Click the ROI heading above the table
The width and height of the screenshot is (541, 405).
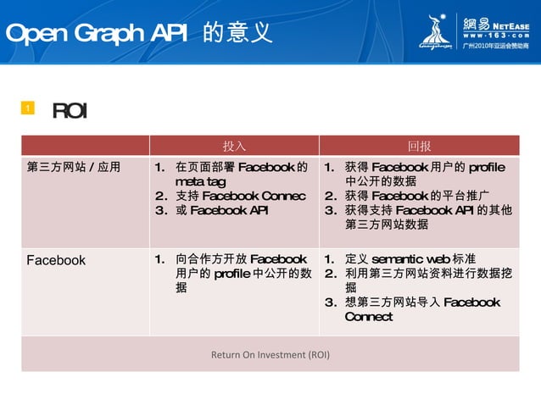(70, 111)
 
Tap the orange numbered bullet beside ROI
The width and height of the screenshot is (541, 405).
(27, 108)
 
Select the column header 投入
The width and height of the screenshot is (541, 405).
(234, 145)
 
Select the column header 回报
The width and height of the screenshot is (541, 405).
(419, 145)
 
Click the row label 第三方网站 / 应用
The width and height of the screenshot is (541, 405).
(74, 167)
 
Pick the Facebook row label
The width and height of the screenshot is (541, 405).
(56, 260)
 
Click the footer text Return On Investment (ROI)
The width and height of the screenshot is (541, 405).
(270, 354)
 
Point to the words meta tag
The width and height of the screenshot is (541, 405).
(200, 182)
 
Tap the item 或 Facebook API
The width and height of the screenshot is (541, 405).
(221, 211)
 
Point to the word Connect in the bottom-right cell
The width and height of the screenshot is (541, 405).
(369, 317)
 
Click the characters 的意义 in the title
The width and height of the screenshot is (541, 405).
(237, 33)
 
